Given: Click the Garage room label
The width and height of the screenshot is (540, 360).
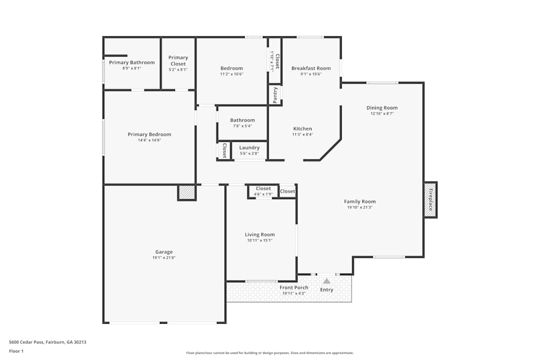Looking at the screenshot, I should pos(164,252).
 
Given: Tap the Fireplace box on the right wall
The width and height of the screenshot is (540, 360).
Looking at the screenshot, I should pos(430,200).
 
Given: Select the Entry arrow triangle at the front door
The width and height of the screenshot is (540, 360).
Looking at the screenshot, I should pos(327,281).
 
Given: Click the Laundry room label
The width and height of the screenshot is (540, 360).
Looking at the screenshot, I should pos(249,147).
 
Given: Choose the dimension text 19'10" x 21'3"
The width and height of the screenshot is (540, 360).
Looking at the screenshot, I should pos(360,207).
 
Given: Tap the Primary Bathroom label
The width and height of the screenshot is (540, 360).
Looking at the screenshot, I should pos(132,63).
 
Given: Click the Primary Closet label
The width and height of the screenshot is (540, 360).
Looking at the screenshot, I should pos(178,60).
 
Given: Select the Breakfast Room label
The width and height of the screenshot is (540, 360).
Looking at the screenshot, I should pos(311,68).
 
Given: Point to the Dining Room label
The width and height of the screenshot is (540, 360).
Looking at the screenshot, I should pos(382,108).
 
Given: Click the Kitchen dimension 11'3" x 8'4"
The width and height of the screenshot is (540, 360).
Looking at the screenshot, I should pos(302,134).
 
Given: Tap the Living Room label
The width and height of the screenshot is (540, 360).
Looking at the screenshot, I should pos(260,234).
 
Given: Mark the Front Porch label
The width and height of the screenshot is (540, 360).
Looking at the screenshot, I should pos(294,288).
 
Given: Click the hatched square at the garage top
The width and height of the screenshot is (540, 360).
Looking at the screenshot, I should pos(186,193).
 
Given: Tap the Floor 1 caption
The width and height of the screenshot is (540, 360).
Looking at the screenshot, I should pos(16,351).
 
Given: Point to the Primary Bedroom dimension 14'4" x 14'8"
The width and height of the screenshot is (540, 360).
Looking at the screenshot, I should pos(150,140).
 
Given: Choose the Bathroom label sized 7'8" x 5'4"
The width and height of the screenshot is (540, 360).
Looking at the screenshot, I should pos(242,120).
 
